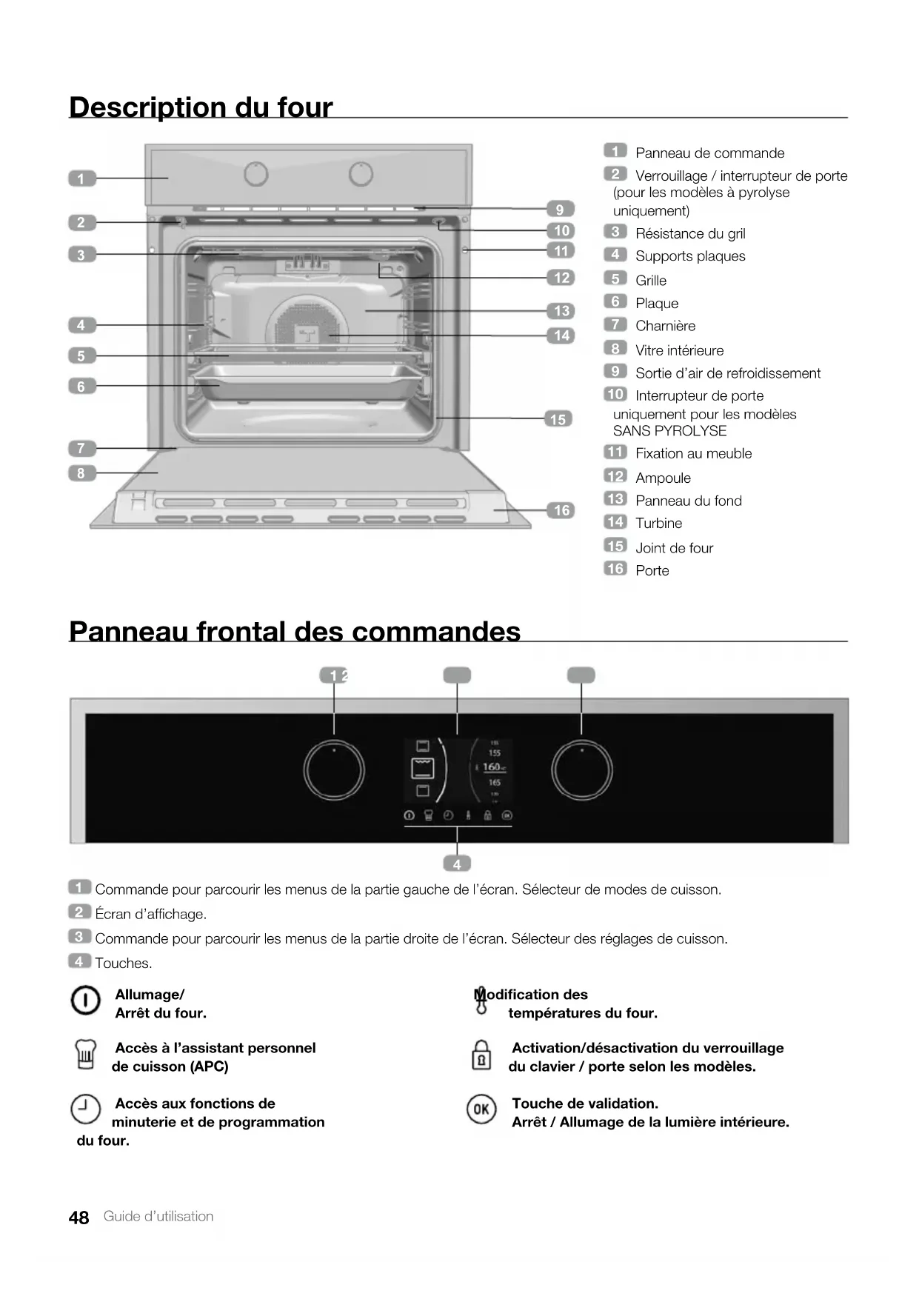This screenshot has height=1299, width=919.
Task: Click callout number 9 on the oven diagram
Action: pyautogui.click(x=561, y=210)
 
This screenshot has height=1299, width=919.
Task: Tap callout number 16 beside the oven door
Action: pyautogui.click(x=561, y=510)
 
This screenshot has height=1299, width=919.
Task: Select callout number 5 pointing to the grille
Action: pyautogui.click(x=81, y=356)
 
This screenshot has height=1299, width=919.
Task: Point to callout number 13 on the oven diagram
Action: pyautogui.click(x=561, y=311)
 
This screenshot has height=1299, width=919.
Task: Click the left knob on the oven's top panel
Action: pyautogui.click(x=255, y=175)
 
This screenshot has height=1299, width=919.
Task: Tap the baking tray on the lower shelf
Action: pyautogui.click(x=304, y=379)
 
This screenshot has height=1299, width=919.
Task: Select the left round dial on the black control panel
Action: pyautogui.click(x=334, y=770)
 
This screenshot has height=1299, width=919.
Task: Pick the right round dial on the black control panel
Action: pyautogui.click(x=582, y=770)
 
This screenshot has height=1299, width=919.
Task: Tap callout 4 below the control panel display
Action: pyautogui.click(x=457, y=864)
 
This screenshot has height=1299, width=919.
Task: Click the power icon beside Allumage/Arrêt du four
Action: pyautogui.click(x=85, y=1001)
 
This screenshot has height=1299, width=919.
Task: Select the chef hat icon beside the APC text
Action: pyautogui.click(x=86, y=1055)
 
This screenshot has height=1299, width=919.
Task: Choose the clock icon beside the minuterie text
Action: pyautogui.click(x=85, y=1109)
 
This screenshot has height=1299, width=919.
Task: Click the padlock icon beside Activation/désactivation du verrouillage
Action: pyautogui.click(x=481, y=1055)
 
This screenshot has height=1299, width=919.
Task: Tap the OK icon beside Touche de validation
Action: pyautogui.click(x=481, y=1109)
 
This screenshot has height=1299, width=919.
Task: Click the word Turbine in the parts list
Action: pyautogui.click(x=658, y=524)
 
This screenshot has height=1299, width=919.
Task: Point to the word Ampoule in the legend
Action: pyautogui.click(x=663, y=478)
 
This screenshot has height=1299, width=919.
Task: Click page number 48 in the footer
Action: pyautogui.click(x=78, y=1218)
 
